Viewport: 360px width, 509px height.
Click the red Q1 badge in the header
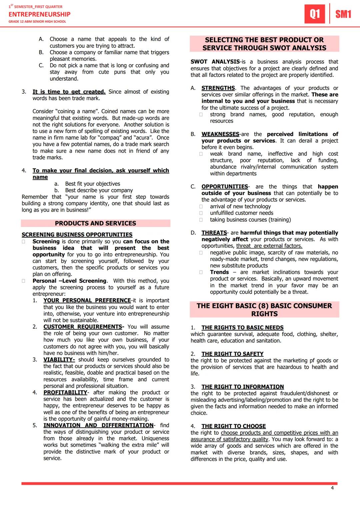click(315, 14)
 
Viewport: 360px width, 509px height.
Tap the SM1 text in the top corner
click(343, 14)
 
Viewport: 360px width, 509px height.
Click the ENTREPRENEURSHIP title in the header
click(39, 14)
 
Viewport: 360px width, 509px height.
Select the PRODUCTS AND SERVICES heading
click(95, 223)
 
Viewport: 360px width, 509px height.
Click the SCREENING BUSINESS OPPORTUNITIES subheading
click(77, 235)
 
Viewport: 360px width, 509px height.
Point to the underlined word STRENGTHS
click(218, 88)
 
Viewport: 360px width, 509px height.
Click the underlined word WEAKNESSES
click(220, 134)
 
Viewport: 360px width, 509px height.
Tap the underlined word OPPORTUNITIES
click(225, 187)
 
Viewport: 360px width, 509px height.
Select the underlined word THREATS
click(214, 233)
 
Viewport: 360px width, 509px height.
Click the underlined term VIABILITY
click(59, 360)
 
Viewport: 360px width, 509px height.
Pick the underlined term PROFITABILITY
click(65, 392)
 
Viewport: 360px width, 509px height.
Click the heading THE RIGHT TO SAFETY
click(232, 354)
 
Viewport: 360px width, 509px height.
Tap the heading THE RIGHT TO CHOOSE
click(233, 426)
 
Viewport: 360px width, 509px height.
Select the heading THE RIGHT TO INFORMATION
click(242, 387)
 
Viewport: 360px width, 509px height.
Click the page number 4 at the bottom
click(332, 488)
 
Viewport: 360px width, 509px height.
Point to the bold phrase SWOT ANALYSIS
click(215, 62)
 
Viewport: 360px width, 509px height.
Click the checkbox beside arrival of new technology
click(201, 207)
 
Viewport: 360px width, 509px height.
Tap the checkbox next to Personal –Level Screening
click(24, 281)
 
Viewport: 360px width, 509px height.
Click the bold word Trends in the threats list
click(219, 272)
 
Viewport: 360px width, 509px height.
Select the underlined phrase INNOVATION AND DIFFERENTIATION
click(98, 425)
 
